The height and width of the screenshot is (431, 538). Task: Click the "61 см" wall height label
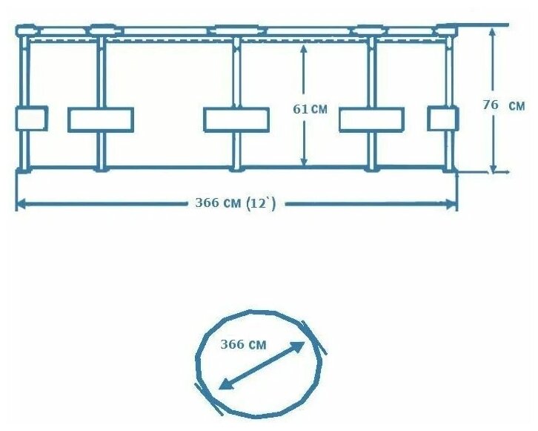point(310,109)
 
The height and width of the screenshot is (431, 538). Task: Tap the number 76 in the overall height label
point(490,105)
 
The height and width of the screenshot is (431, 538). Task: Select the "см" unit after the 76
point(517,106)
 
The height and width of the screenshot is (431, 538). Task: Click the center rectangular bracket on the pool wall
point(236,119)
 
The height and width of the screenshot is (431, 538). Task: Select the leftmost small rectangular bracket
point(31,119)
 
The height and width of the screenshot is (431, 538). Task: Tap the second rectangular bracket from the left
point(101,119)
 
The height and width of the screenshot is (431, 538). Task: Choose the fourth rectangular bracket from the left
point(371,119)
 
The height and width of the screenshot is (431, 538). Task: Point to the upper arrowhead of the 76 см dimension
point(492,32)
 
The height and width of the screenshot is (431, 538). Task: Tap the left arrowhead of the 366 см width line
point(21,203)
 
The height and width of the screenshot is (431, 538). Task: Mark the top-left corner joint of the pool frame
point(25,31)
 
